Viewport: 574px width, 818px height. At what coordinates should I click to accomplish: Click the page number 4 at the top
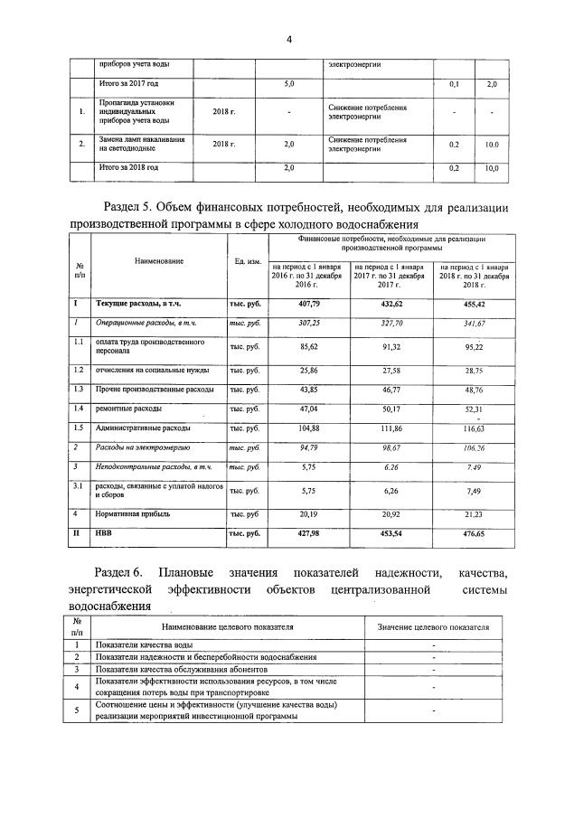[287, 40]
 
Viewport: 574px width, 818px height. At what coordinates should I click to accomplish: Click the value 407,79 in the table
[309, 305]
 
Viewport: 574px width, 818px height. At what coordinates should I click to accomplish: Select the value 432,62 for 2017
[391, 305]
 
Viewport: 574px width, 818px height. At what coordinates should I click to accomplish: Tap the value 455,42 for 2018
[475, 305]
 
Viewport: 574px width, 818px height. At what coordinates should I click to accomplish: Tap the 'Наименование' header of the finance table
[159, 261]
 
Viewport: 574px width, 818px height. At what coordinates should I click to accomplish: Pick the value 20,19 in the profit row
[309, 513]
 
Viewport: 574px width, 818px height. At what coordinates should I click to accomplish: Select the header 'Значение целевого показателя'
[433, 625]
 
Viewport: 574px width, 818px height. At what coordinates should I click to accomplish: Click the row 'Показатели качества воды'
[144, 644]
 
